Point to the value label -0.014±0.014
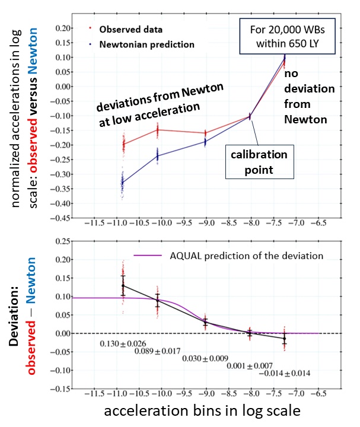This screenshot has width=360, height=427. coord(285,373)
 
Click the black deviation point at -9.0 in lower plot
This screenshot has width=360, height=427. coord(205,322)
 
